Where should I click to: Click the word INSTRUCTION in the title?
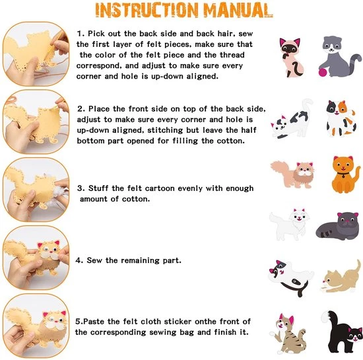(147, 11)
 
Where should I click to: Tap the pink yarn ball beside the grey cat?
(323, 72)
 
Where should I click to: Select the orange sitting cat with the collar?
(345, 174)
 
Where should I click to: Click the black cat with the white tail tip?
(341, 332)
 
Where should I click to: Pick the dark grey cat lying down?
(338, 225)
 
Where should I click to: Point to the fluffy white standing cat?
(289, 223)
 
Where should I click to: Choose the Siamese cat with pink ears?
(291, 57)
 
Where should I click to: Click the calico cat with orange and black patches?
(341, 118)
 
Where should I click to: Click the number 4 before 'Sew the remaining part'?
(79, 260)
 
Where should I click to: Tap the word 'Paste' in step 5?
(94, 321)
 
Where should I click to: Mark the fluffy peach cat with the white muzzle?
(292, 174)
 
